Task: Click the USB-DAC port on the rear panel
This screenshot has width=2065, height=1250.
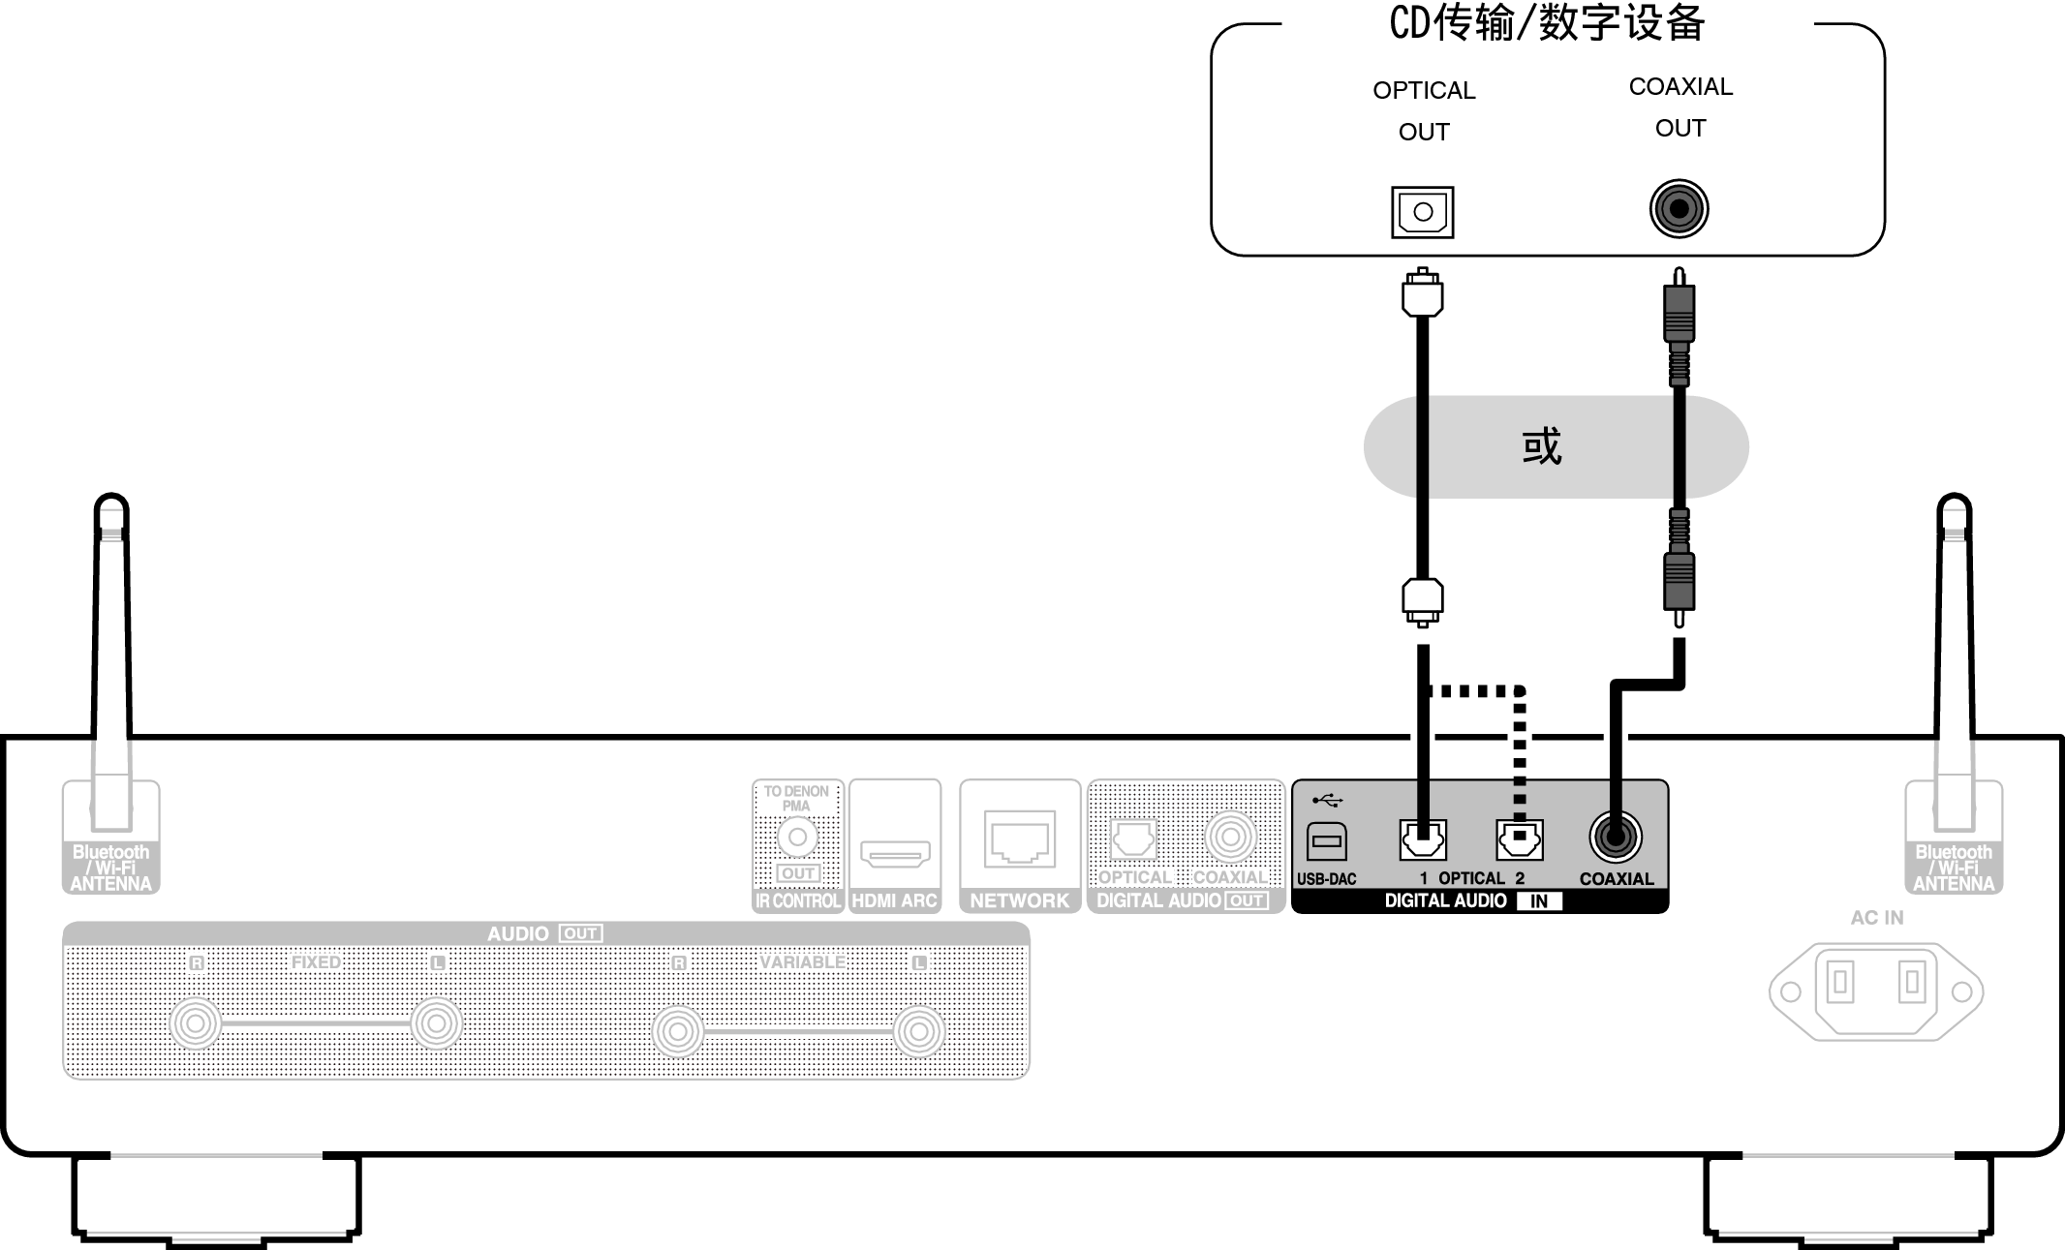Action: [x=1326, y=840]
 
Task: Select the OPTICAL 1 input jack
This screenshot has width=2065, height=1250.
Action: [x=1423, y=839]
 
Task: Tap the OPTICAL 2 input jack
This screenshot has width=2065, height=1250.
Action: [x=1519, y=839]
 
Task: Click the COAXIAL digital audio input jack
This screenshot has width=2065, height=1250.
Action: [x=1615, y=836]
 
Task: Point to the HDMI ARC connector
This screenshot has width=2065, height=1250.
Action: [x=895, y=854]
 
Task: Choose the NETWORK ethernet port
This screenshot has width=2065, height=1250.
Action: [x=1020, y=838]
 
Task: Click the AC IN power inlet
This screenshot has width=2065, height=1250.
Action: [x=1875, y=991]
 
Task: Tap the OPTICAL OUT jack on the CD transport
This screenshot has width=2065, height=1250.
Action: [x=1422, y=211]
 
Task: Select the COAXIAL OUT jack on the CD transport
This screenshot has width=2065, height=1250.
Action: [x=1679, y=208]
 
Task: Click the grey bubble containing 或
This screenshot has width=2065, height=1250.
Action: [x=1556, y=447]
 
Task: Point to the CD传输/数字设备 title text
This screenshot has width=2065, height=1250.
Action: [x=1547, y=23]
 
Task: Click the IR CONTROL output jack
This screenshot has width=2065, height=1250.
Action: [x=797, y=837]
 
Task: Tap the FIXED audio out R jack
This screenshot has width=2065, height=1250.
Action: [x=196, y=1023]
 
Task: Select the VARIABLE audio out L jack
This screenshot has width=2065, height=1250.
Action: [x=918, y=1031]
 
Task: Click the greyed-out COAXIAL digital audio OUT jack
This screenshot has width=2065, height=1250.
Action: [x=1230, y=837]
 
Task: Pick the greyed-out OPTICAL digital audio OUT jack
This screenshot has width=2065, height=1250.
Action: [x=1132, y=838]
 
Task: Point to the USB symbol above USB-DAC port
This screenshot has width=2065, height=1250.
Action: [x=1327, y=801]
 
